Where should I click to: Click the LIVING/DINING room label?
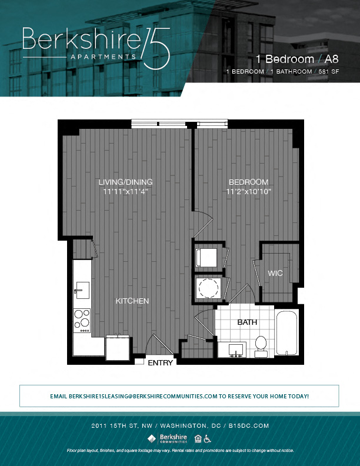(x=126, y=182)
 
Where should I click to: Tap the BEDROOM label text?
(x=248, y=182)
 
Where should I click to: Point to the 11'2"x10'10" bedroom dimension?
(x=248, y=191)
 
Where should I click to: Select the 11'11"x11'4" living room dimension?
(x=126, y=191)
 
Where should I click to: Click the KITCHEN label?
(x=132, y=301)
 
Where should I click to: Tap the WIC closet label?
(x=276, y=274)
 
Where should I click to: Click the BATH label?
(x=247, y=322)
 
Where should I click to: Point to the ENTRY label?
(x=160, y=363)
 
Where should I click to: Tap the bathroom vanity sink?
(x=236, y=350)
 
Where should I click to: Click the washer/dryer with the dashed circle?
(x=208, y=288)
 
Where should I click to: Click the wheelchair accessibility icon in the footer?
(x=208, y=438)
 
